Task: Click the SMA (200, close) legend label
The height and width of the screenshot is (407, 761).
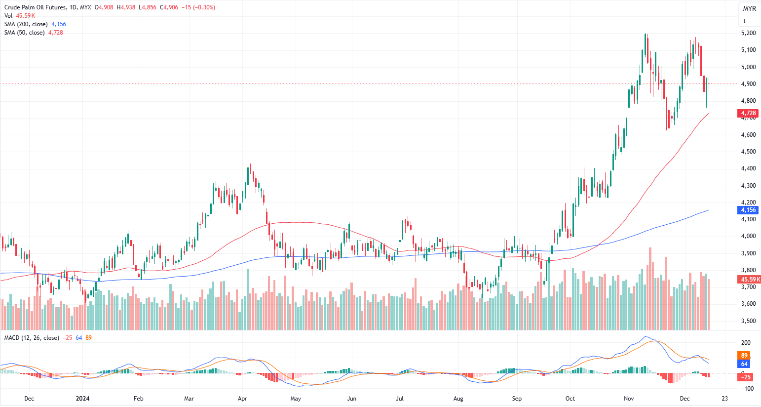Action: (26, 24)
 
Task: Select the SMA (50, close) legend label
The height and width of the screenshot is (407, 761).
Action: (25, 33)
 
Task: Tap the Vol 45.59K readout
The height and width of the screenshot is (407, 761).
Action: (20, 16)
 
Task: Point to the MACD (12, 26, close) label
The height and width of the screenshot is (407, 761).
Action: (32, 338)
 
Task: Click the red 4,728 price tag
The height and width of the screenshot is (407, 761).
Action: (748, 114)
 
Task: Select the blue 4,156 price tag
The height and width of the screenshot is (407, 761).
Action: (748, 210)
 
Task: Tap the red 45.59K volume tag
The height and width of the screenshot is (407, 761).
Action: (750, 280)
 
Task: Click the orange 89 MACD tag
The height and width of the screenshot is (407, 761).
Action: (744, 355)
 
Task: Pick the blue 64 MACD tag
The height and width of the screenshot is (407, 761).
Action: (744, 364)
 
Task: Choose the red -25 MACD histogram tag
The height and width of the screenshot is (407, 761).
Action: (744, 377)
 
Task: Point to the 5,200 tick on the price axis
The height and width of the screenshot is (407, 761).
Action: (748, 33)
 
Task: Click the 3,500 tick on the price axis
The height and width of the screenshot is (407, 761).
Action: (748, 321)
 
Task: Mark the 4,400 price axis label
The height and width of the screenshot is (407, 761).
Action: (748, 168)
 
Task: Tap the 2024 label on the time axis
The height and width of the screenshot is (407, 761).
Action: (82, 399)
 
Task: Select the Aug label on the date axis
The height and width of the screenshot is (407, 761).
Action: (458, 399)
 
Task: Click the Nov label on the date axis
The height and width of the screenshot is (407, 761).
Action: (628, 399)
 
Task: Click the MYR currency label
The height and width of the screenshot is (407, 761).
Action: (749, 9)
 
